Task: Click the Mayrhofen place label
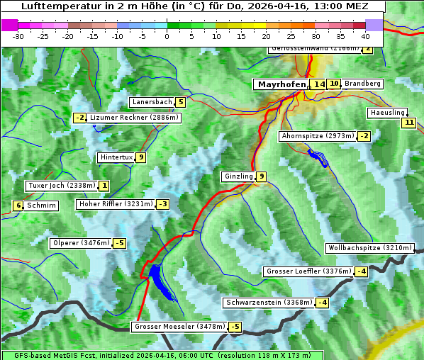(281, 84)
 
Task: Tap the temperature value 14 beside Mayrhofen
(320, 84)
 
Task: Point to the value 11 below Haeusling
(408, 123)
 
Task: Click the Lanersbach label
(152, 102)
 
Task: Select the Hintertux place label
(116, 157)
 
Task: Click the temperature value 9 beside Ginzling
(262, 176)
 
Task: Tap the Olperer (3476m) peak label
(82, 243)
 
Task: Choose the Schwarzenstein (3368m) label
(269, 303)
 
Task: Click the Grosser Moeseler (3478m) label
(179, 327)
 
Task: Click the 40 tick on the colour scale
(365, 35)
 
